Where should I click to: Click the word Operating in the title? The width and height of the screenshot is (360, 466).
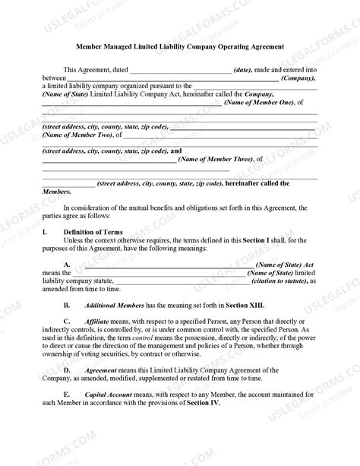(x=223, y=46)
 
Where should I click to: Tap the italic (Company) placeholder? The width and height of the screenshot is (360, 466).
(x=298, y=78)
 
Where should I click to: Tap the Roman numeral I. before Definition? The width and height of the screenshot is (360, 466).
(x=44, y=232)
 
